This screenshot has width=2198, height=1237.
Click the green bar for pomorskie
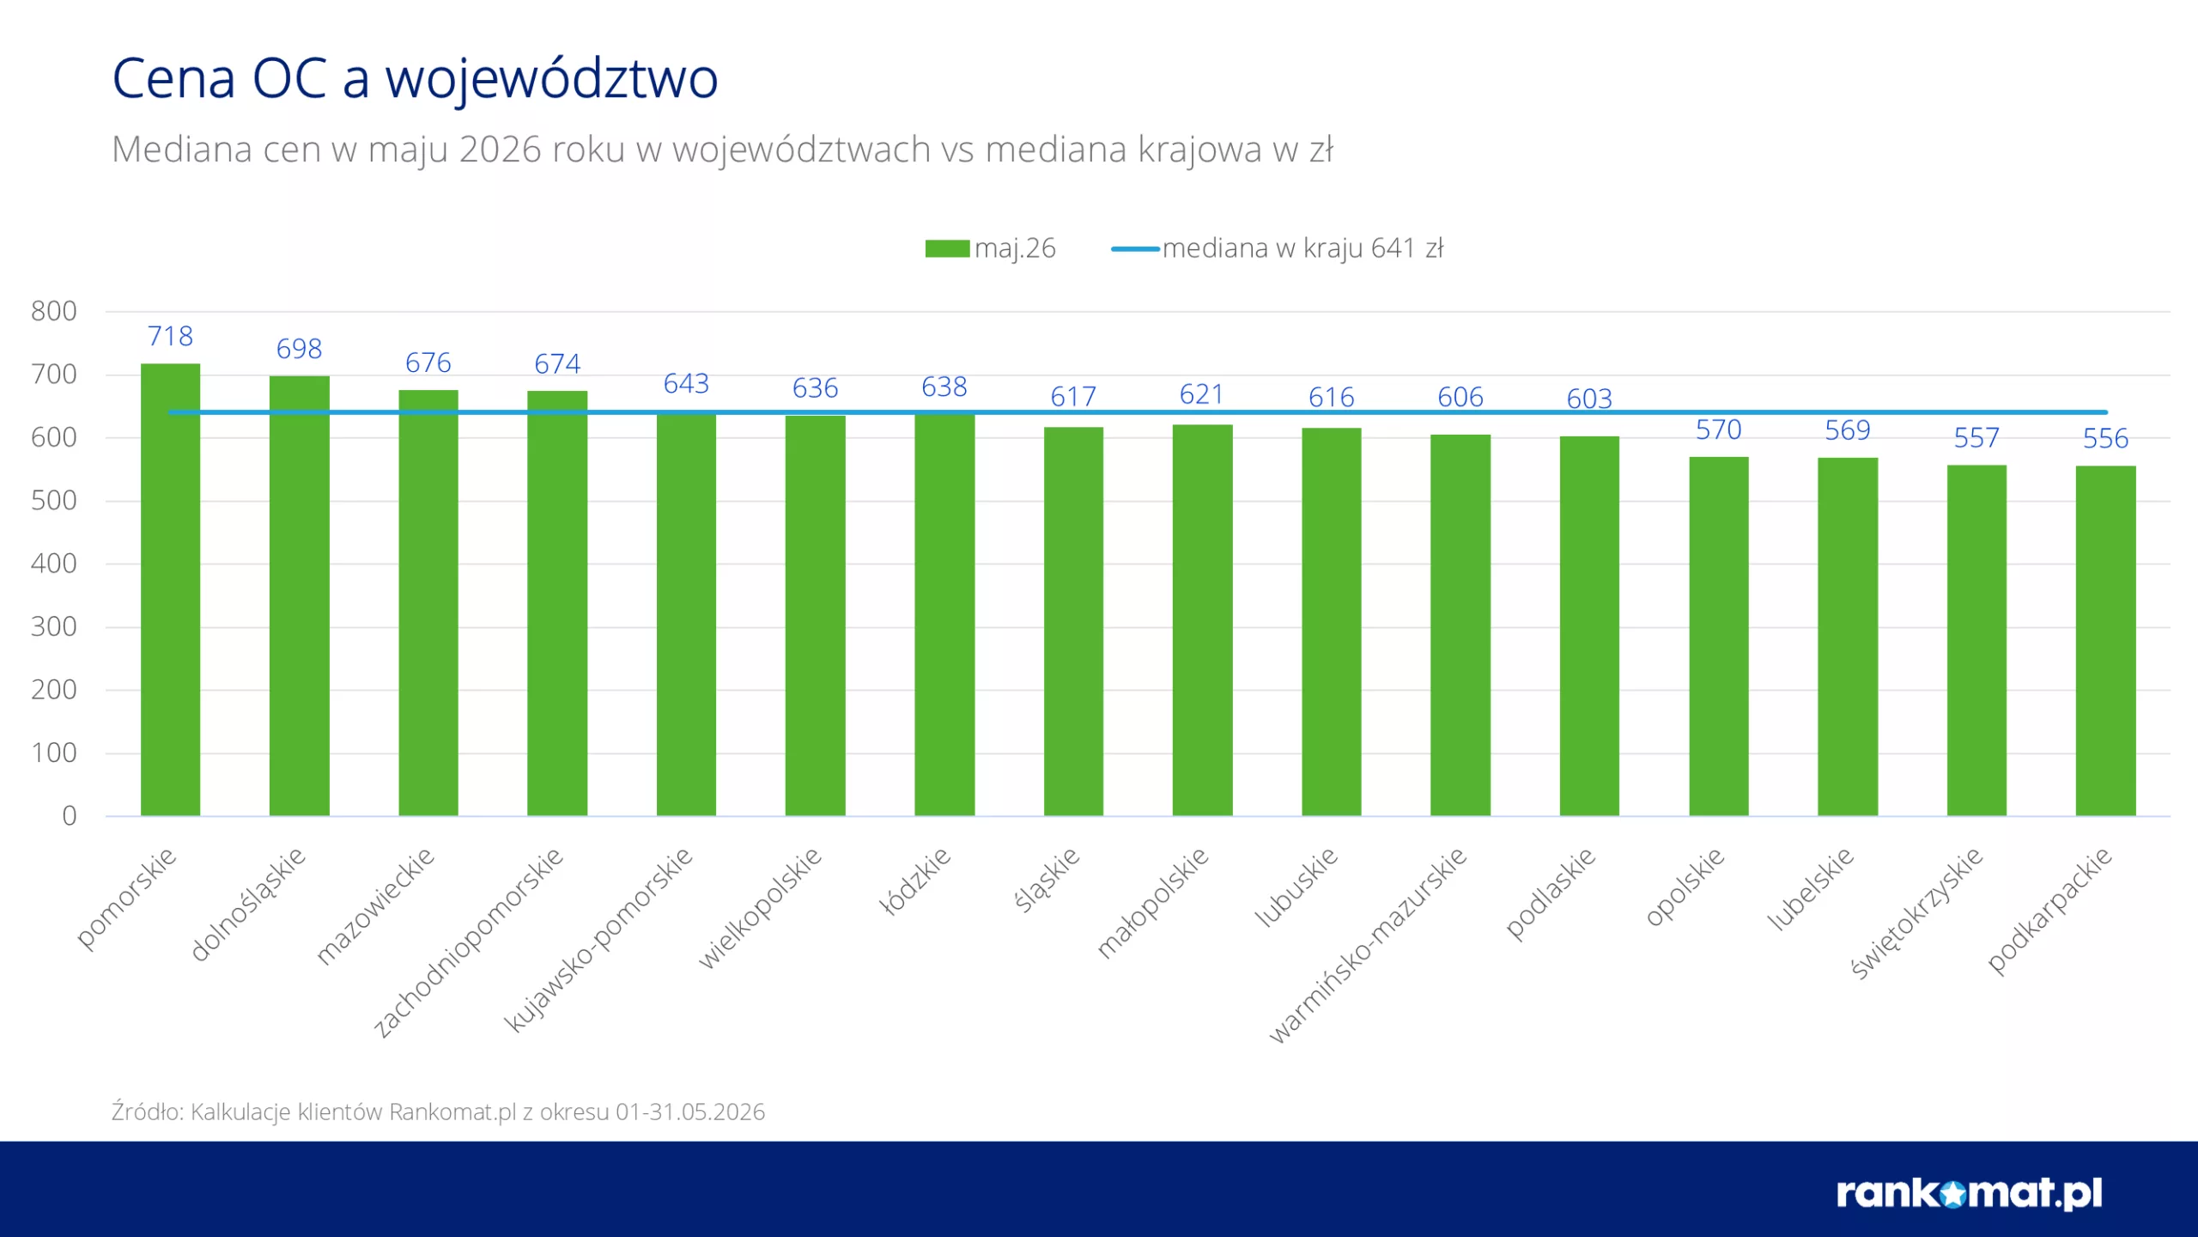(x=170, y=589)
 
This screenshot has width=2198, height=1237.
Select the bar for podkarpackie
(x=2105, y=641)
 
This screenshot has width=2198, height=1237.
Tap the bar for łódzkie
(x=944, y=615)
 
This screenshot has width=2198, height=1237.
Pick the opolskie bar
(x=1718, y=637)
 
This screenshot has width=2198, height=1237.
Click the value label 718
(x=170, y=336)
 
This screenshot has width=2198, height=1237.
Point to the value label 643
(x=686, y=383)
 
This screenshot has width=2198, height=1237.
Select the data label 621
(x=1202, y=394)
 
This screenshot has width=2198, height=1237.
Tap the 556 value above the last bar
(x=2105, y=439)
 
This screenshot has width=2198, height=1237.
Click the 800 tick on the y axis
(x=53, y=311)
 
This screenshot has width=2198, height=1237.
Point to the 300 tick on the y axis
(x=53, y=626)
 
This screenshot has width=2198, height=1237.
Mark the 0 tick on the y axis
(x=69, y=815)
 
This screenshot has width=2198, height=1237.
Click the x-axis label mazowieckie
(x=375, y=907)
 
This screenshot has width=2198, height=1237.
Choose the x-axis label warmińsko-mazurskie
(x=1368, y=946)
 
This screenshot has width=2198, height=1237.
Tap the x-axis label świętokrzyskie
(x=1916, y=913)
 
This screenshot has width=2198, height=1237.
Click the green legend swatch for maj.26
(x=947, y=248)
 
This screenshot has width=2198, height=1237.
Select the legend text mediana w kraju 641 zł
(x=1302, y=248)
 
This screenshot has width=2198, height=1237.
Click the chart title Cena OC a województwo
(x=415, y=78)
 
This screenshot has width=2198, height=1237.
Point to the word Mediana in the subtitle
(x=182, y=149)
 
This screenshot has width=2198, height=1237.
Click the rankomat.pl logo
(x=1969, y=1193)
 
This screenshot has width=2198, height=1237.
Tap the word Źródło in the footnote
(x=147, y=1111)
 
